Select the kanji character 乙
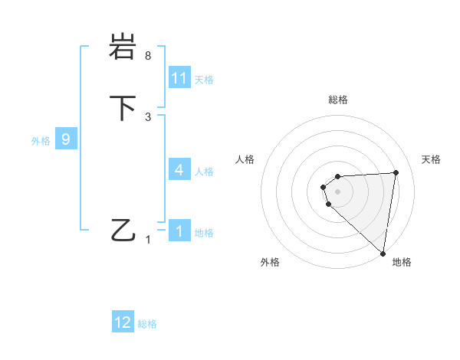click(x=122, y=230)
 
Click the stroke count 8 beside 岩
click(x=148, y=57)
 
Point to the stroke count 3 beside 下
click(x=148, y=116)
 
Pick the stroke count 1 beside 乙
click(x=148, y=239)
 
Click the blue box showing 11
click(x=179, y=78)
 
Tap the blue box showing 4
click(x=179, y=170)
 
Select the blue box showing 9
click(x=66, y=140)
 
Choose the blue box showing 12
click(x=123, y=322)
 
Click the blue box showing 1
click(x=179, y=231)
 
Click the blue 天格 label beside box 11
click(x=204, y=80)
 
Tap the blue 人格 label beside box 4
click(x=204, y=172)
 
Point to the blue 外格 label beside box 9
click(x=41, y=141)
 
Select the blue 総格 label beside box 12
click(x=147, y=324)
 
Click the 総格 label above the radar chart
click(x=337, y=100)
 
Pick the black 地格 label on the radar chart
click(x=402, y=262)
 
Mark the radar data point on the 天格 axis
click(x=396, y=172)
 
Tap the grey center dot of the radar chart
click(x=337, y=191)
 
